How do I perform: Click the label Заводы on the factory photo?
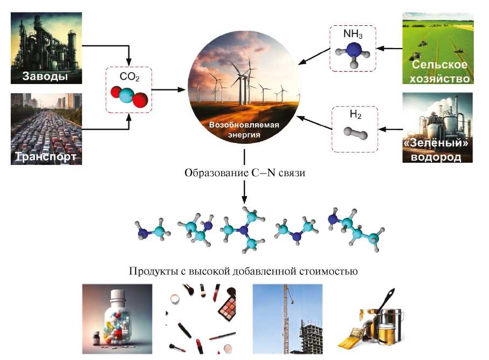tap(45, 76)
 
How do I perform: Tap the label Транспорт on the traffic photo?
tap(45, 157)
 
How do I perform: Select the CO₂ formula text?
tap(129, 77)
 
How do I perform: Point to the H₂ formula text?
tap(353, 115)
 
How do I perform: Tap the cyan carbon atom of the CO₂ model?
tap(128, 95)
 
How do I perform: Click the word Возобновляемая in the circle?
tap(244, 125)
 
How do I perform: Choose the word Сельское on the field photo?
tap(438, 65)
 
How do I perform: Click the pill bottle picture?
tap(117, 319)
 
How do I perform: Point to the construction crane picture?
tap(287, 319)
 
